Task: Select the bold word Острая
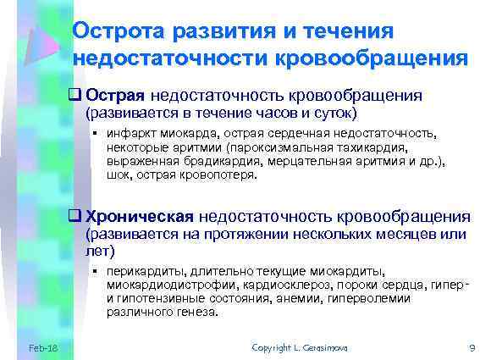coord(117,96)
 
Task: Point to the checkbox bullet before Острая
coord(76,96)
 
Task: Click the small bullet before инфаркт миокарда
coord(97,134)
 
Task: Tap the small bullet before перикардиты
coord(97,270)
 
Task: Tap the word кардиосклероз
coord(274,285)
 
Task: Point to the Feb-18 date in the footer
coord(42,347)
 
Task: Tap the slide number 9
coord(470,347)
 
